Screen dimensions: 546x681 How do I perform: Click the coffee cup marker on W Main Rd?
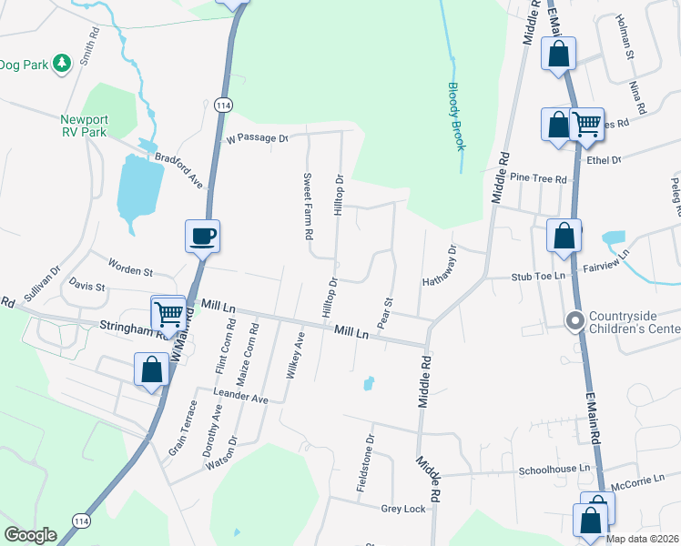click(x=202, y=237)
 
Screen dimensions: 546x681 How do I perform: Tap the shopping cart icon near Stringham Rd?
click(x=168, y=314)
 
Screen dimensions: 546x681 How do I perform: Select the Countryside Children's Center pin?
click(x=574, y=321)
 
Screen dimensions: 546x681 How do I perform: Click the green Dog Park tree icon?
click(x=62, y=64)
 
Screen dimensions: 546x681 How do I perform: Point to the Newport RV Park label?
click(x=84, y=126)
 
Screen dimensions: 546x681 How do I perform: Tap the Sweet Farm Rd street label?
click(x=309, y=207)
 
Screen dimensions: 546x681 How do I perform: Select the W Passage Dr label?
click(x=257, y=138)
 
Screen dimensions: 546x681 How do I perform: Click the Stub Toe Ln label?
click(x=538, y=276)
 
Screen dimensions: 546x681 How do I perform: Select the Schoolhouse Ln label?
click(x=554, y=470)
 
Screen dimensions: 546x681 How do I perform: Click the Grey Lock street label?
click(x=403, y=509)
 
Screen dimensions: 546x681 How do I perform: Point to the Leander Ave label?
click(x=240, y=399)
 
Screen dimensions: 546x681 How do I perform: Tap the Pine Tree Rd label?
click(x=538, y=178)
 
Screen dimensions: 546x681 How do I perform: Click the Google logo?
click(x=30, y=536)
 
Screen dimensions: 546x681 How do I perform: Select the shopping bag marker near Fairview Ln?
click(x=564, y=236)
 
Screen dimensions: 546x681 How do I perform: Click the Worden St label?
click(x=130, y=271)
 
